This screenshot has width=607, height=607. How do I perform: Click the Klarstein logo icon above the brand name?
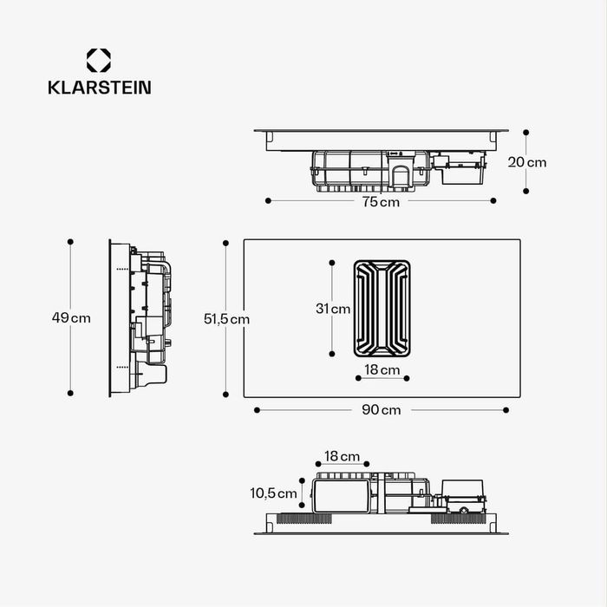(x=98, y=61)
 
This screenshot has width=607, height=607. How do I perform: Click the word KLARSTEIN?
(x=98, y=88)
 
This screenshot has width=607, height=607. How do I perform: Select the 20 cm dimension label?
(x=526, y=162)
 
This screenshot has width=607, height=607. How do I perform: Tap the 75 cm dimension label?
(x=381, y=202)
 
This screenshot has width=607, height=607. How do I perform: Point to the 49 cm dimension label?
(x=70, y=318)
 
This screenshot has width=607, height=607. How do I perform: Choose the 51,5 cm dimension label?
(x=226, y=319)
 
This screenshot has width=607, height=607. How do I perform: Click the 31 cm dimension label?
(x=333, y=308)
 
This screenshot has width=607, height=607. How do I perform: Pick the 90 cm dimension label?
(x=381, y=410)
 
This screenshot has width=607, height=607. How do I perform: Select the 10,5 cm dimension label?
(x=273, y=493)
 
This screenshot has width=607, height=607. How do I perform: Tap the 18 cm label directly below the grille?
(x=382, y=370)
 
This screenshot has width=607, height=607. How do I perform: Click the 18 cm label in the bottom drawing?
(x=343, y=456)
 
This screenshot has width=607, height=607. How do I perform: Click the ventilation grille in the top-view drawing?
(x=382, y=307)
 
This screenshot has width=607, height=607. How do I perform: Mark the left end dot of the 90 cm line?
(x=256, y=409)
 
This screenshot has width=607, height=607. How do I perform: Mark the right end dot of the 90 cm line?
(x=506, y=409)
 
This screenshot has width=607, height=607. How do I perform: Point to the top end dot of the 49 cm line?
(x=70, y=242)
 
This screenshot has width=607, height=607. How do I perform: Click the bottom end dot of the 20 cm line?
(x=526, y=192)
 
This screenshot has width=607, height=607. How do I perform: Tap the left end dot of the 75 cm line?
(x=268, y=200)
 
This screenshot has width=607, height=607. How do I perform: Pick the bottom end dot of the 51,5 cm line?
(x=226, y=395)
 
